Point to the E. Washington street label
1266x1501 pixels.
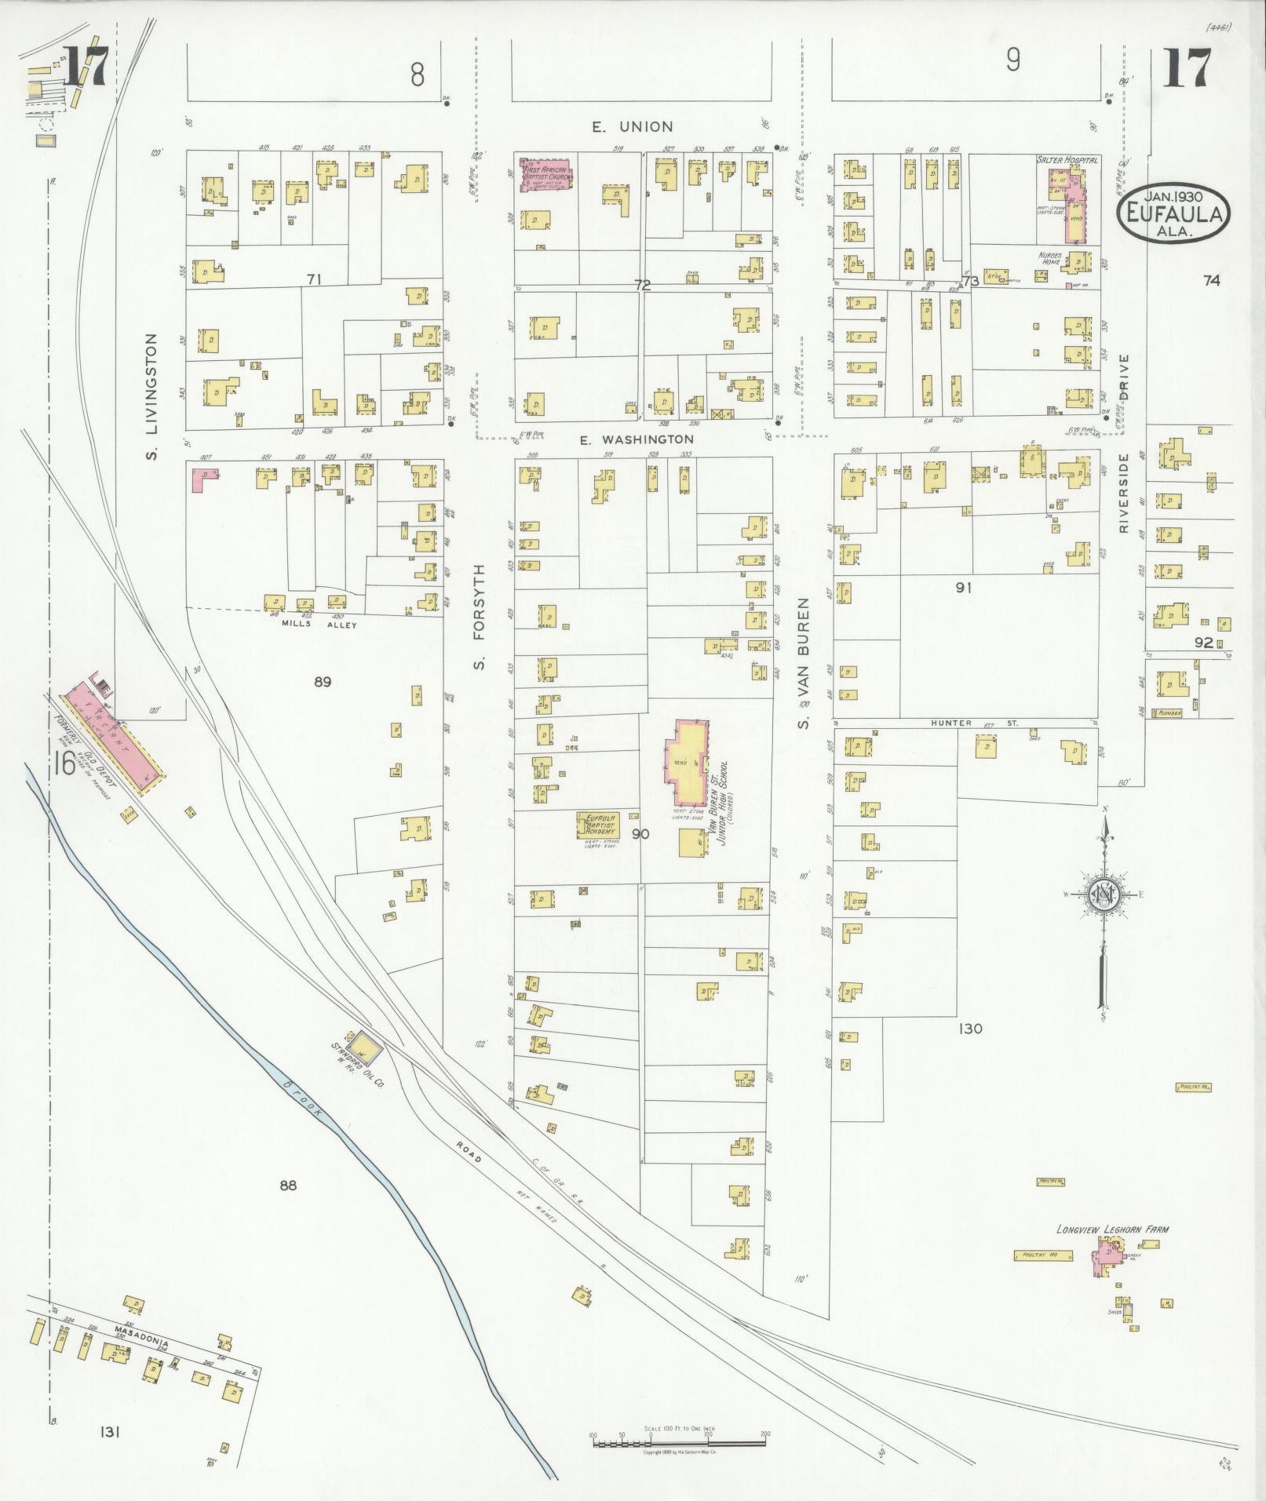click(x=637, y=440)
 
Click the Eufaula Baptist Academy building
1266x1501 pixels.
click(x=599, y=825)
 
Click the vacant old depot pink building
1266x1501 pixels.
click(x=115, y=734)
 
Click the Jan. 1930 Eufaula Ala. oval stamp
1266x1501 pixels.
click(x=1173, y=213)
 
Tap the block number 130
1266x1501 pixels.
click(x=970, y=1029)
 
